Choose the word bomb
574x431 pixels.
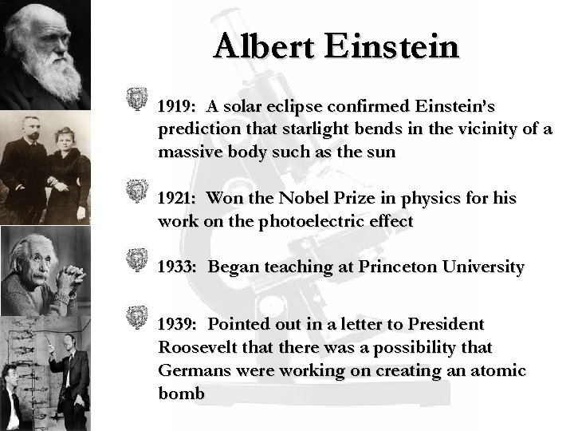pos(182,393)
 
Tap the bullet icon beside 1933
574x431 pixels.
pos(138,259)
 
